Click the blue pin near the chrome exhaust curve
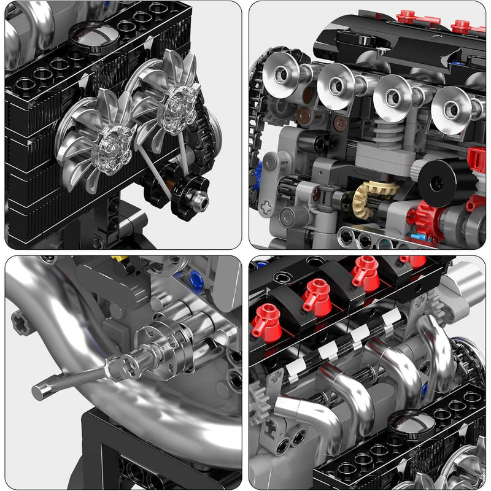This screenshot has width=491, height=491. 196,280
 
